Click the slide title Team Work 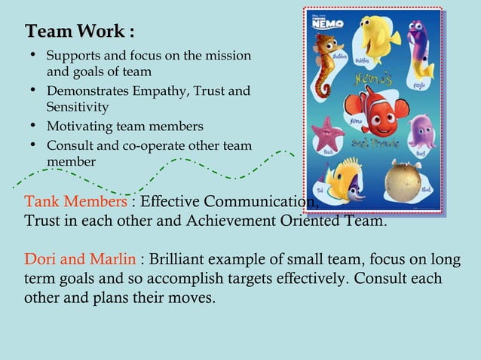pyautogui.click(x=80, y=32)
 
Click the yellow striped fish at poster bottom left pyautogui.click(x=344, y=180)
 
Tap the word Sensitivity pyautogui.click(x=78, y=108)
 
